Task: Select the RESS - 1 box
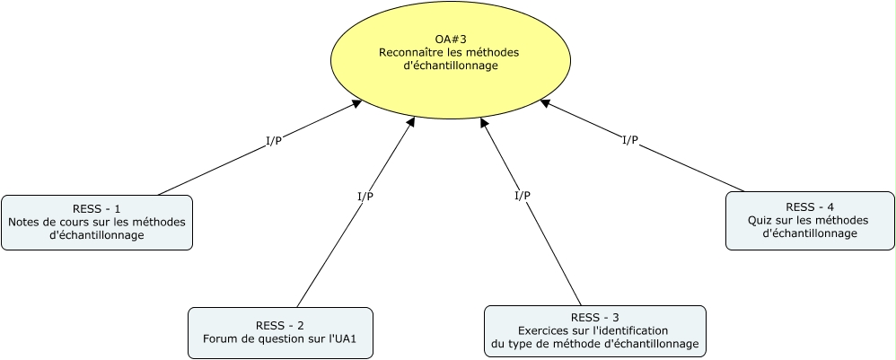[97, 222]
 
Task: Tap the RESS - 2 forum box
[280, 332]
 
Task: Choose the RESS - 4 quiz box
[809, 220]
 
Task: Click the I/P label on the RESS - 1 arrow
[273, 141]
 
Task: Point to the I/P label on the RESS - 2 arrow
[365, 197]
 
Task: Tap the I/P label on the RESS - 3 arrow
[522, 196]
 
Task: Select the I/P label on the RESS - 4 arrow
[629, 140]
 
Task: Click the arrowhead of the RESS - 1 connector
[356, 104]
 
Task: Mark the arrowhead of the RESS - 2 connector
[411, 121]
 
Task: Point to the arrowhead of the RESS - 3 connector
[485, 122]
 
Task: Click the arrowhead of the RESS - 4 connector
[545, 103]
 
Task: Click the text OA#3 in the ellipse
[450, 39]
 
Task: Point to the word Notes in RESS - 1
[24, 222]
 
